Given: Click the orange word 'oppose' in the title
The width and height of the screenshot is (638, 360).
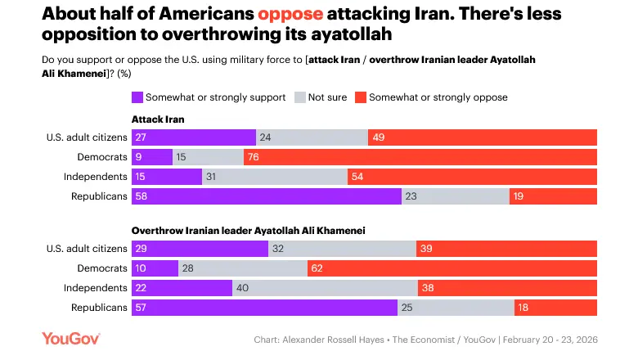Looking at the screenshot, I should [x=290, y=14].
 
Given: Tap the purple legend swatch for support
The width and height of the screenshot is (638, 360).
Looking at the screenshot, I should [x=137, y=97].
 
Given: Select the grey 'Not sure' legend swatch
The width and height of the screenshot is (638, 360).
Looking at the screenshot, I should [x=300, y=97].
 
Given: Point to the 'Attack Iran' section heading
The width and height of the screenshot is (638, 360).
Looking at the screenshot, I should [x=158, y=119].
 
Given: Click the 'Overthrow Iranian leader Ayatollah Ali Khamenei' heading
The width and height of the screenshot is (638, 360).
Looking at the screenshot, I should [x=248, y=231].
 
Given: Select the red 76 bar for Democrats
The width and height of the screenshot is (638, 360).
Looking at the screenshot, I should [x=420, y=156].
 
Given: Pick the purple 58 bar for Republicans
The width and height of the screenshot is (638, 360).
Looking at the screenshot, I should [x=266, y=196].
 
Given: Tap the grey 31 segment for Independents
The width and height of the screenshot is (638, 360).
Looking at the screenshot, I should [x=275, y=176].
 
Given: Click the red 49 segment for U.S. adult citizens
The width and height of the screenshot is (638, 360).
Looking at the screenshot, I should [x=482, y=137].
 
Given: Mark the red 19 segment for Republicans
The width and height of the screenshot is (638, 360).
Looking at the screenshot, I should [x=553, y=196].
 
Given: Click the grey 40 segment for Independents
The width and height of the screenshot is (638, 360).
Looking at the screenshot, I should [x=325, y=287].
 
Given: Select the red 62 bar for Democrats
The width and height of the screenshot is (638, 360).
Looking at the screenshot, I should [x=452, y=268].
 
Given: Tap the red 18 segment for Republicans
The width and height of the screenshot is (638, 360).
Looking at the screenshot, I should [x=555, y=307].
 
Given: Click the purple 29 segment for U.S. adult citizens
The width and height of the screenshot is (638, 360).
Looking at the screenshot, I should [x=200, y=248].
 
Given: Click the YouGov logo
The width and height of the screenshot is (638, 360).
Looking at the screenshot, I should [x=72, y=340].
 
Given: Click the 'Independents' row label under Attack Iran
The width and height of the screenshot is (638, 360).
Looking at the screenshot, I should [x=96, y=176].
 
